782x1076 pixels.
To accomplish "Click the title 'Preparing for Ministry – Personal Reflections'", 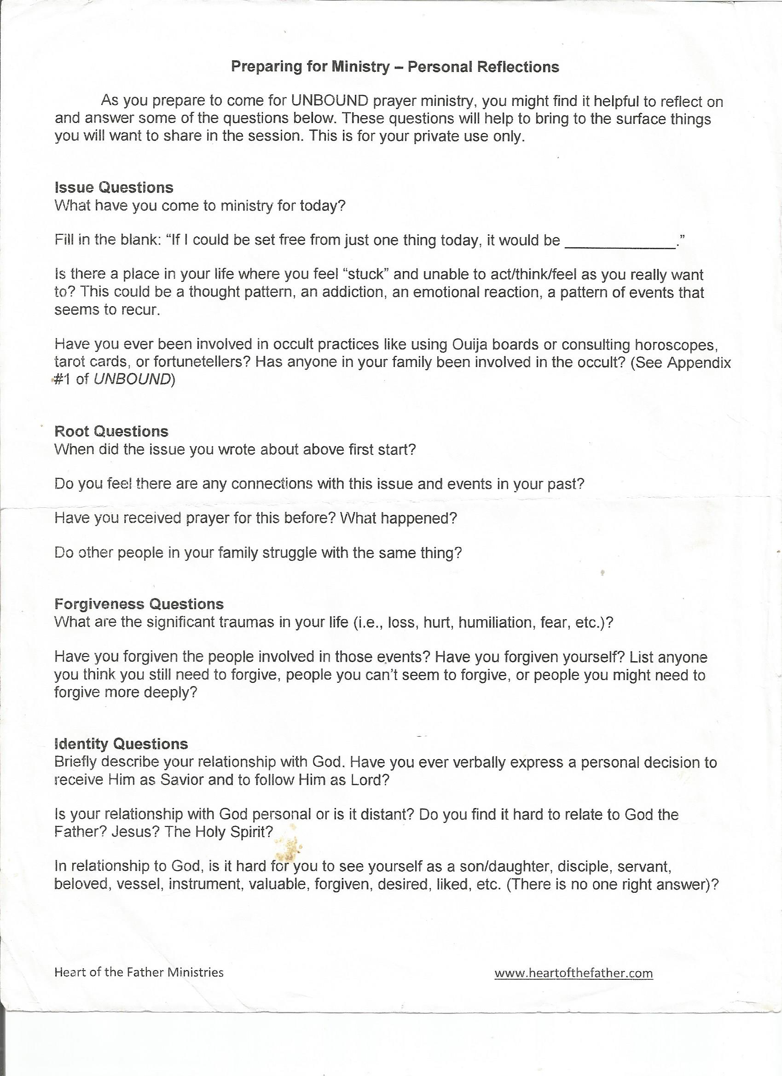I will [394, 67].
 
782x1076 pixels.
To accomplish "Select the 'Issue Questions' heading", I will [114, 187].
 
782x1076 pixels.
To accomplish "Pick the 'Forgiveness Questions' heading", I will [139, 604].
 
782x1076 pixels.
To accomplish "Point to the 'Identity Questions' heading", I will [121, 744].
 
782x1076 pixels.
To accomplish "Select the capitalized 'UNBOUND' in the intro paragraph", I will [330, 101].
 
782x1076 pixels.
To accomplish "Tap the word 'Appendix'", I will [699, 362].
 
